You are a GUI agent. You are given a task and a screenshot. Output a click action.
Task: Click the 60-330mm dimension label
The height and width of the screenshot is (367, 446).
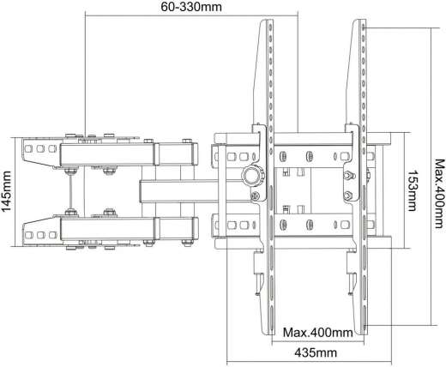coord(190,8)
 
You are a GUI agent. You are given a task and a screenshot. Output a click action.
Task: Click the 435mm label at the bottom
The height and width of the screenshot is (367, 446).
coord(315,353)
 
